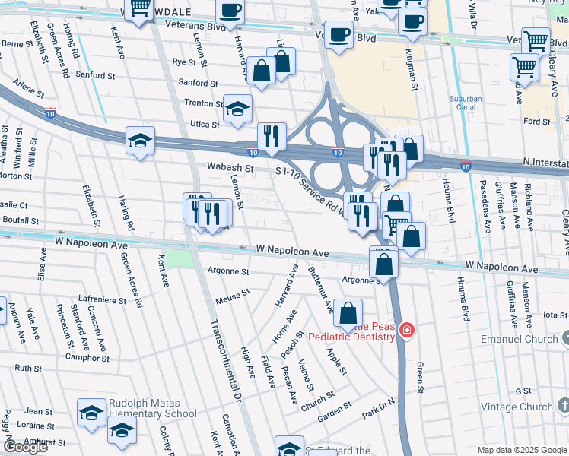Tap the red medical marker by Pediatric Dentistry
[408, 330]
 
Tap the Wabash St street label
[229, 166]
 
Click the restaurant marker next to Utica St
[272, 136]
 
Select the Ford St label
[536, 121]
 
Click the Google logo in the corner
[26, 447]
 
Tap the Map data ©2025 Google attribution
[522, 450]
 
